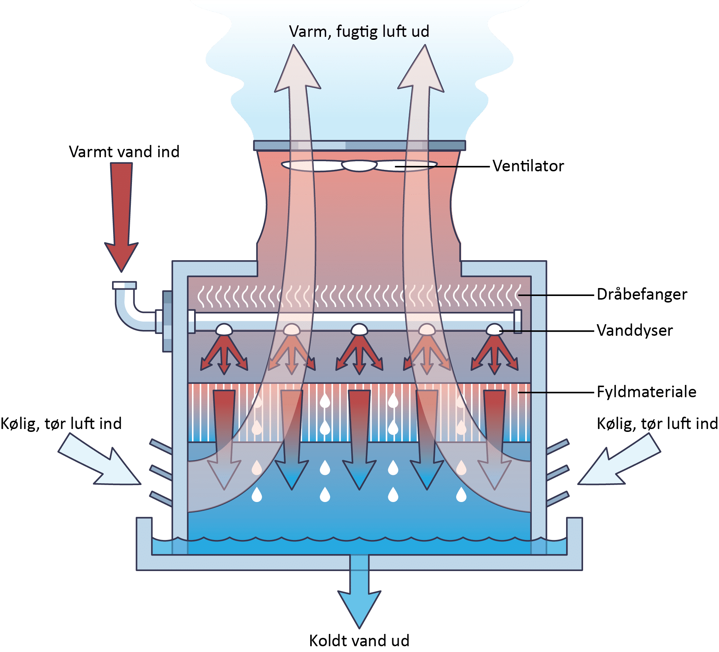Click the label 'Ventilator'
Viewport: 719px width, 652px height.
[x=528, y=166]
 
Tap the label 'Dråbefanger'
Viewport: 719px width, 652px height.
[x=642, y=295]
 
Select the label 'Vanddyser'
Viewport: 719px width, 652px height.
[x=634, y=331]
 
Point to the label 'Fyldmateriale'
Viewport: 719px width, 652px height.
[x=646, y=392]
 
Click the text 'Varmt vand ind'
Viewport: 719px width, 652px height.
[x=124, y=152]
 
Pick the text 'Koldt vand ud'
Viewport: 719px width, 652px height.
[x=359, y=640]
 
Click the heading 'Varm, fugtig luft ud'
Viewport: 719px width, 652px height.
[x=359, y=32]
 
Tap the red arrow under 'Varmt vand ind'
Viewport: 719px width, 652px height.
[x=121, y=217]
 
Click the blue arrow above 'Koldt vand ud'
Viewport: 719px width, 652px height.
[x=359, y=596]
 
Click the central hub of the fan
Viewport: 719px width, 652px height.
[x=359, y=166]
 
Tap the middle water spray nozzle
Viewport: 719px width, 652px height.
[x=359, y=330]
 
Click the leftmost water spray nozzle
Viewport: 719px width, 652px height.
[x=224, y=330]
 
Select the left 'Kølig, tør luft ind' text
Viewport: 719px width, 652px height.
[x=61, y=424]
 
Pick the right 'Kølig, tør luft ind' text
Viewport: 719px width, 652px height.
[x=657, y=424]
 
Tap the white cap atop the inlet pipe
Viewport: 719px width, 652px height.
[x=124, y=286]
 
